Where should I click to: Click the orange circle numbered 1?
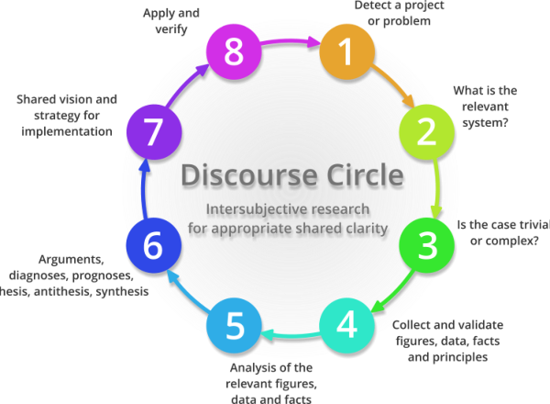tap(346, 52)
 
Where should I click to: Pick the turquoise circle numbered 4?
tap(346, 324)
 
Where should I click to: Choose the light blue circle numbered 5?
tap(235, 325)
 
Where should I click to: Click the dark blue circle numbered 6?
tap(153, 245)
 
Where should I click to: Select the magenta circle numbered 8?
tap(234, 52)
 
